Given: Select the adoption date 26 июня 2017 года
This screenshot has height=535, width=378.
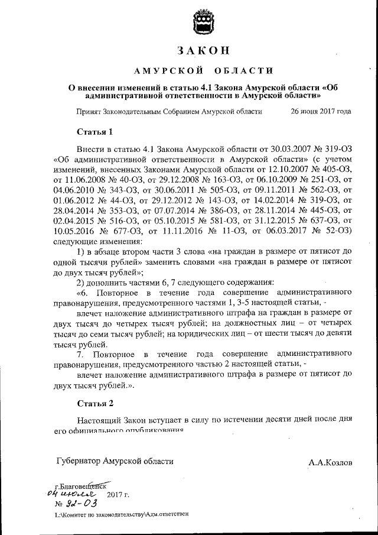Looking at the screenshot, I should tap(321, 111).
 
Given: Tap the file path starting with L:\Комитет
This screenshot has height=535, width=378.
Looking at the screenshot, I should tap(121, 515).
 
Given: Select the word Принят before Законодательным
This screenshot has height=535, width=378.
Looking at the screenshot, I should tap(89, 111).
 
